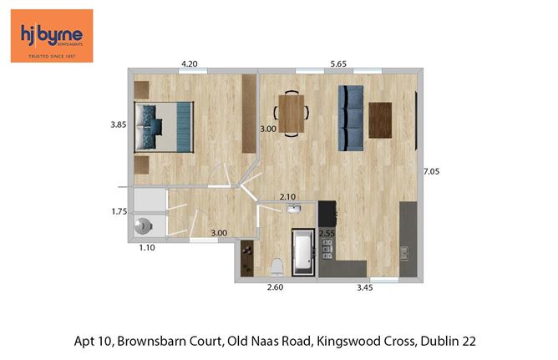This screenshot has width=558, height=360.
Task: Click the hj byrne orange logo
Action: click(51, 35)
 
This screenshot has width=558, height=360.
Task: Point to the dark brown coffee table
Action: click(380, 119)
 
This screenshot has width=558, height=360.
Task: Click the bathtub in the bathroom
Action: click(302, 251)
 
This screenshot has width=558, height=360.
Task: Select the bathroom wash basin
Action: click(292, 209)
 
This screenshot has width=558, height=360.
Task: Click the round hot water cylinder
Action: click(145, 226)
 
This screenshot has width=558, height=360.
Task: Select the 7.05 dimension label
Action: click(431, 171)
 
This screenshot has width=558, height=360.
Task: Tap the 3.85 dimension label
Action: click(119, 125)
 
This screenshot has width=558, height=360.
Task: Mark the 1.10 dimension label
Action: click(145, 247)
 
